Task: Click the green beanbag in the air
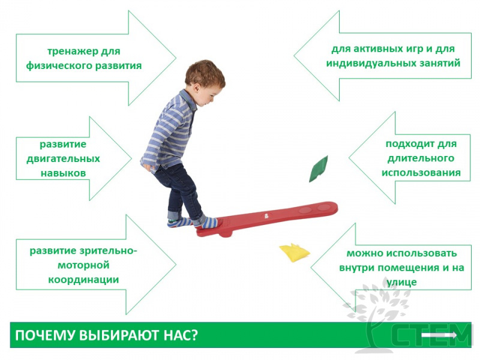(319, 169)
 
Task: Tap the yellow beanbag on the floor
(295, 253)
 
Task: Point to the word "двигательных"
(64, 159)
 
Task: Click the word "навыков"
(64, 173)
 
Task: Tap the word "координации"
(83, 280)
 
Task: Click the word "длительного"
(421, 158)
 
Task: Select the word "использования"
(421, 173)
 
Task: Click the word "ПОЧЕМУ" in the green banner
(45, 335)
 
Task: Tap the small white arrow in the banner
(439, 335)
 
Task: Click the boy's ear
(196, 88)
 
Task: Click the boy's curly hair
(205, 73)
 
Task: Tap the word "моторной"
(83, 265)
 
